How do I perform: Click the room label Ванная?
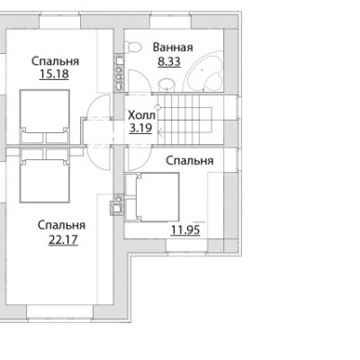[x=173, y=48]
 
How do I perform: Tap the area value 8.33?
[x=169, y=61]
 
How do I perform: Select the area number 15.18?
[x=54, y=74]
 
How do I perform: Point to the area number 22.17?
[x=63, y=239]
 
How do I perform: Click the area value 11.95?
[x=185, y=229]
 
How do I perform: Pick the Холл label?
[x=141, y=115]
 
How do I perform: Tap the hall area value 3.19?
[x=140, y=128]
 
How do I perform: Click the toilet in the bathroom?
[x=133, y=48]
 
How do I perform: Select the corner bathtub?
[x=203, y=70]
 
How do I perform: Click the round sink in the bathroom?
[x=166, y=84]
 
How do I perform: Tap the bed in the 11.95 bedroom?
[x=152, y=197]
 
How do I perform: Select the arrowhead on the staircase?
[x=160, y=131]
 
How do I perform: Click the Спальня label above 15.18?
[x=55, y=61]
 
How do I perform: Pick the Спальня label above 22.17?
[x=61, y=225]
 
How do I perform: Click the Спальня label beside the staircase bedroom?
[x=190, y=161]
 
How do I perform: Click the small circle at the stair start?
[x=158, y=107]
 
